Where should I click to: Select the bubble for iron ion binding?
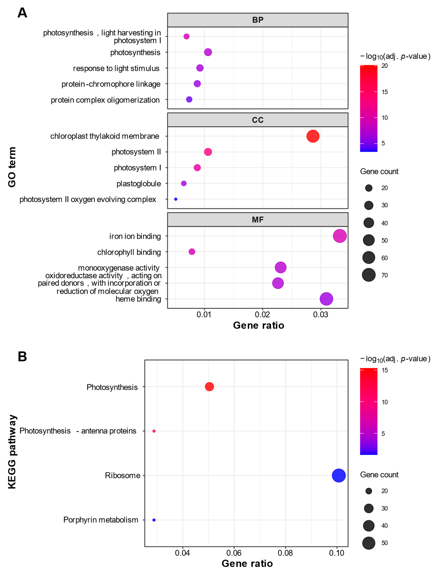pos(340,236)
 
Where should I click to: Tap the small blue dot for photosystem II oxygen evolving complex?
pos(176,199)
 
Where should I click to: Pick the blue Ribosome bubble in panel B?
pos(339,476)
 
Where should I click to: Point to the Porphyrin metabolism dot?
pos(154,520)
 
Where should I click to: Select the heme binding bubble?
pos(326,299)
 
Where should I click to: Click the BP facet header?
pos(258,20)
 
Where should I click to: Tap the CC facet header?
pos(258,120)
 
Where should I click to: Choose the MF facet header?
pos(258,220)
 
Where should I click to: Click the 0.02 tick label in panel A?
pos(262,315)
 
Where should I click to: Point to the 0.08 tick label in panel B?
pos(285,553)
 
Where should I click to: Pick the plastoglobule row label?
pos(139,184)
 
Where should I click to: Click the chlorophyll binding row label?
pos(129,252)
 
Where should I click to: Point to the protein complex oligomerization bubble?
pos(189,99)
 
